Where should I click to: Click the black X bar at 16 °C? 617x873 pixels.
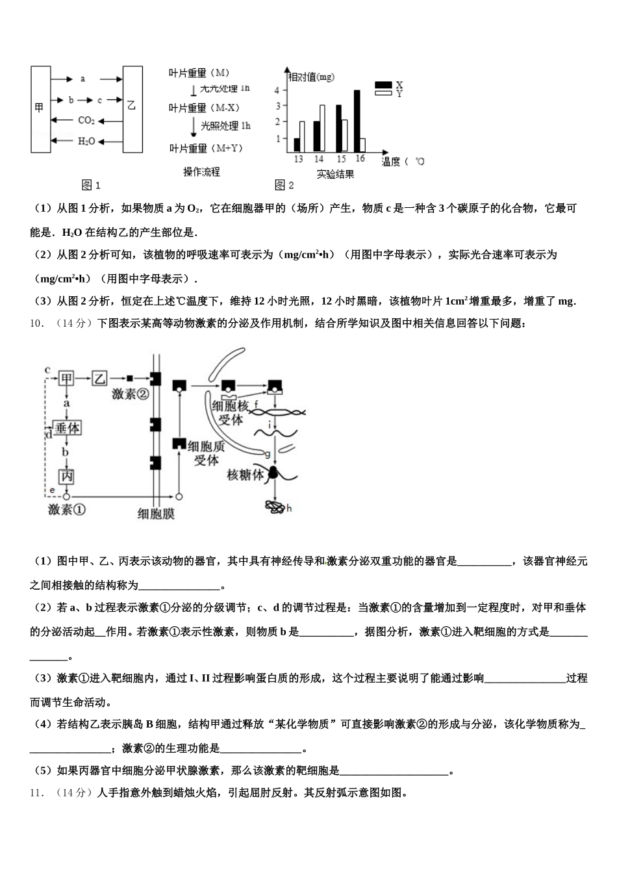point(357,120)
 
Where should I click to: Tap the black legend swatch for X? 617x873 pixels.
point(383,85)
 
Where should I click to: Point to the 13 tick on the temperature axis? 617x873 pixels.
point(298,159)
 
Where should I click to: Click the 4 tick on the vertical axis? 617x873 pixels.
point(277,90)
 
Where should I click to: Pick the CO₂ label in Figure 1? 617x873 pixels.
point(86,120)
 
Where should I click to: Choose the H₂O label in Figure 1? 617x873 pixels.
point(86,141)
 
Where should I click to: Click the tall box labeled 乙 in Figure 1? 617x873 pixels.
point(132,109)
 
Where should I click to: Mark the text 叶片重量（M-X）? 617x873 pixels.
point(205,108)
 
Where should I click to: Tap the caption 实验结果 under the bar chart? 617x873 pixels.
point(335,174)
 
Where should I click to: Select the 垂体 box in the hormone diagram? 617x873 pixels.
point(67,428)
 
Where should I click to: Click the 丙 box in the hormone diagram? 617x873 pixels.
point(66,477)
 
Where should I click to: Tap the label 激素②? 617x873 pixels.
point(130,394)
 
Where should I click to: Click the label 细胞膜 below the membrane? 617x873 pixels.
point(156,513)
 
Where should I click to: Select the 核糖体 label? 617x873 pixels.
point(245,475)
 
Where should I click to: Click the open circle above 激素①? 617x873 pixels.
point(66,496)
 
